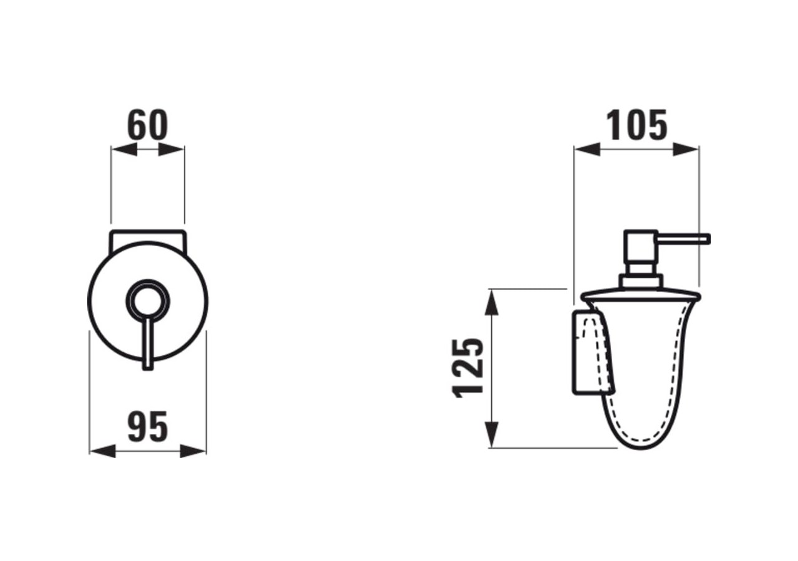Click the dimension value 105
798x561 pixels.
pos(637,125)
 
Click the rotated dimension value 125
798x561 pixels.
pos(468,368)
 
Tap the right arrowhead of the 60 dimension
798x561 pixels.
pos(171,150)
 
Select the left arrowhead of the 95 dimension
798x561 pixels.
pos(103,451)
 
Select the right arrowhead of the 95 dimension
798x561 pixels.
pos(193,451)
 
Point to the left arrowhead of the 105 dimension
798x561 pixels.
pos(587,149)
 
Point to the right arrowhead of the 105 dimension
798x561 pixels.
pos(686,149)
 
